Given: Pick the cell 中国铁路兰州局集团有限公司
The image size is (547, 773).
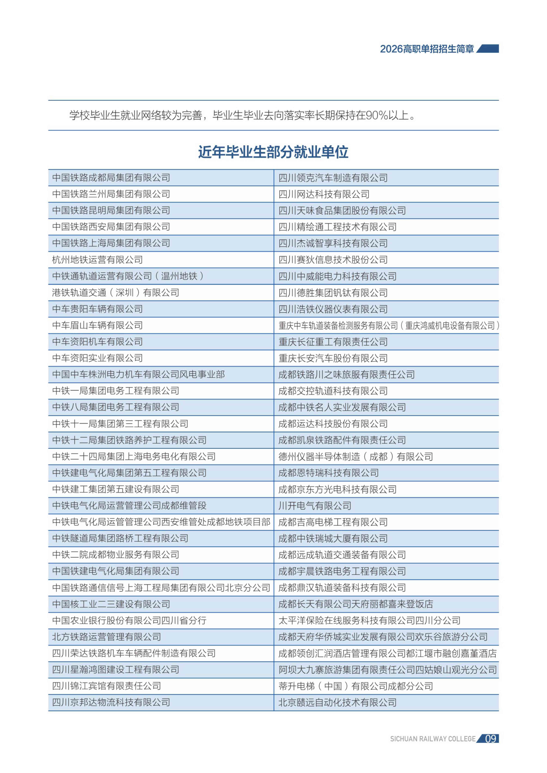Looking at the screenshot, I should click(111, 194).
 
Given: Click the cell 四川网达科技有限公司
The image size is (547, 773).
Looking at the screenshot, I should click(324, 194).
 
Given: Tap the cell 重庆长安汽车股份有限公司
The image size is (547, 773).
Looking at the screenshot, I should click(333, 358).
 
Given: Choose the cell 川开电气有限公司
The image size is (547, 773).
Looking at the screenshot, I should click(315, 506).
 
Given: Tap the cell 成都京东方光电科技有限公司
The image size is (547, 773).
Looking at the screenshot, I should click(337, 489).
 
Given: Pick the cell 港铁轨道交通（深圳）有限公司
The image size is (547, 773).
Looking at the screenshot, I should click(116, 293).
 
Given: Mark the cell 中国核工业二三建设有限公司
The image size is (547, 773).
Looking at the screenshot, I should click(111, 604).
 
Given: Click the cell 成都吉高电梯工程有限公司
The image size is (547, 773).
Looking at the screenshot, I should click(333, 522).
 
